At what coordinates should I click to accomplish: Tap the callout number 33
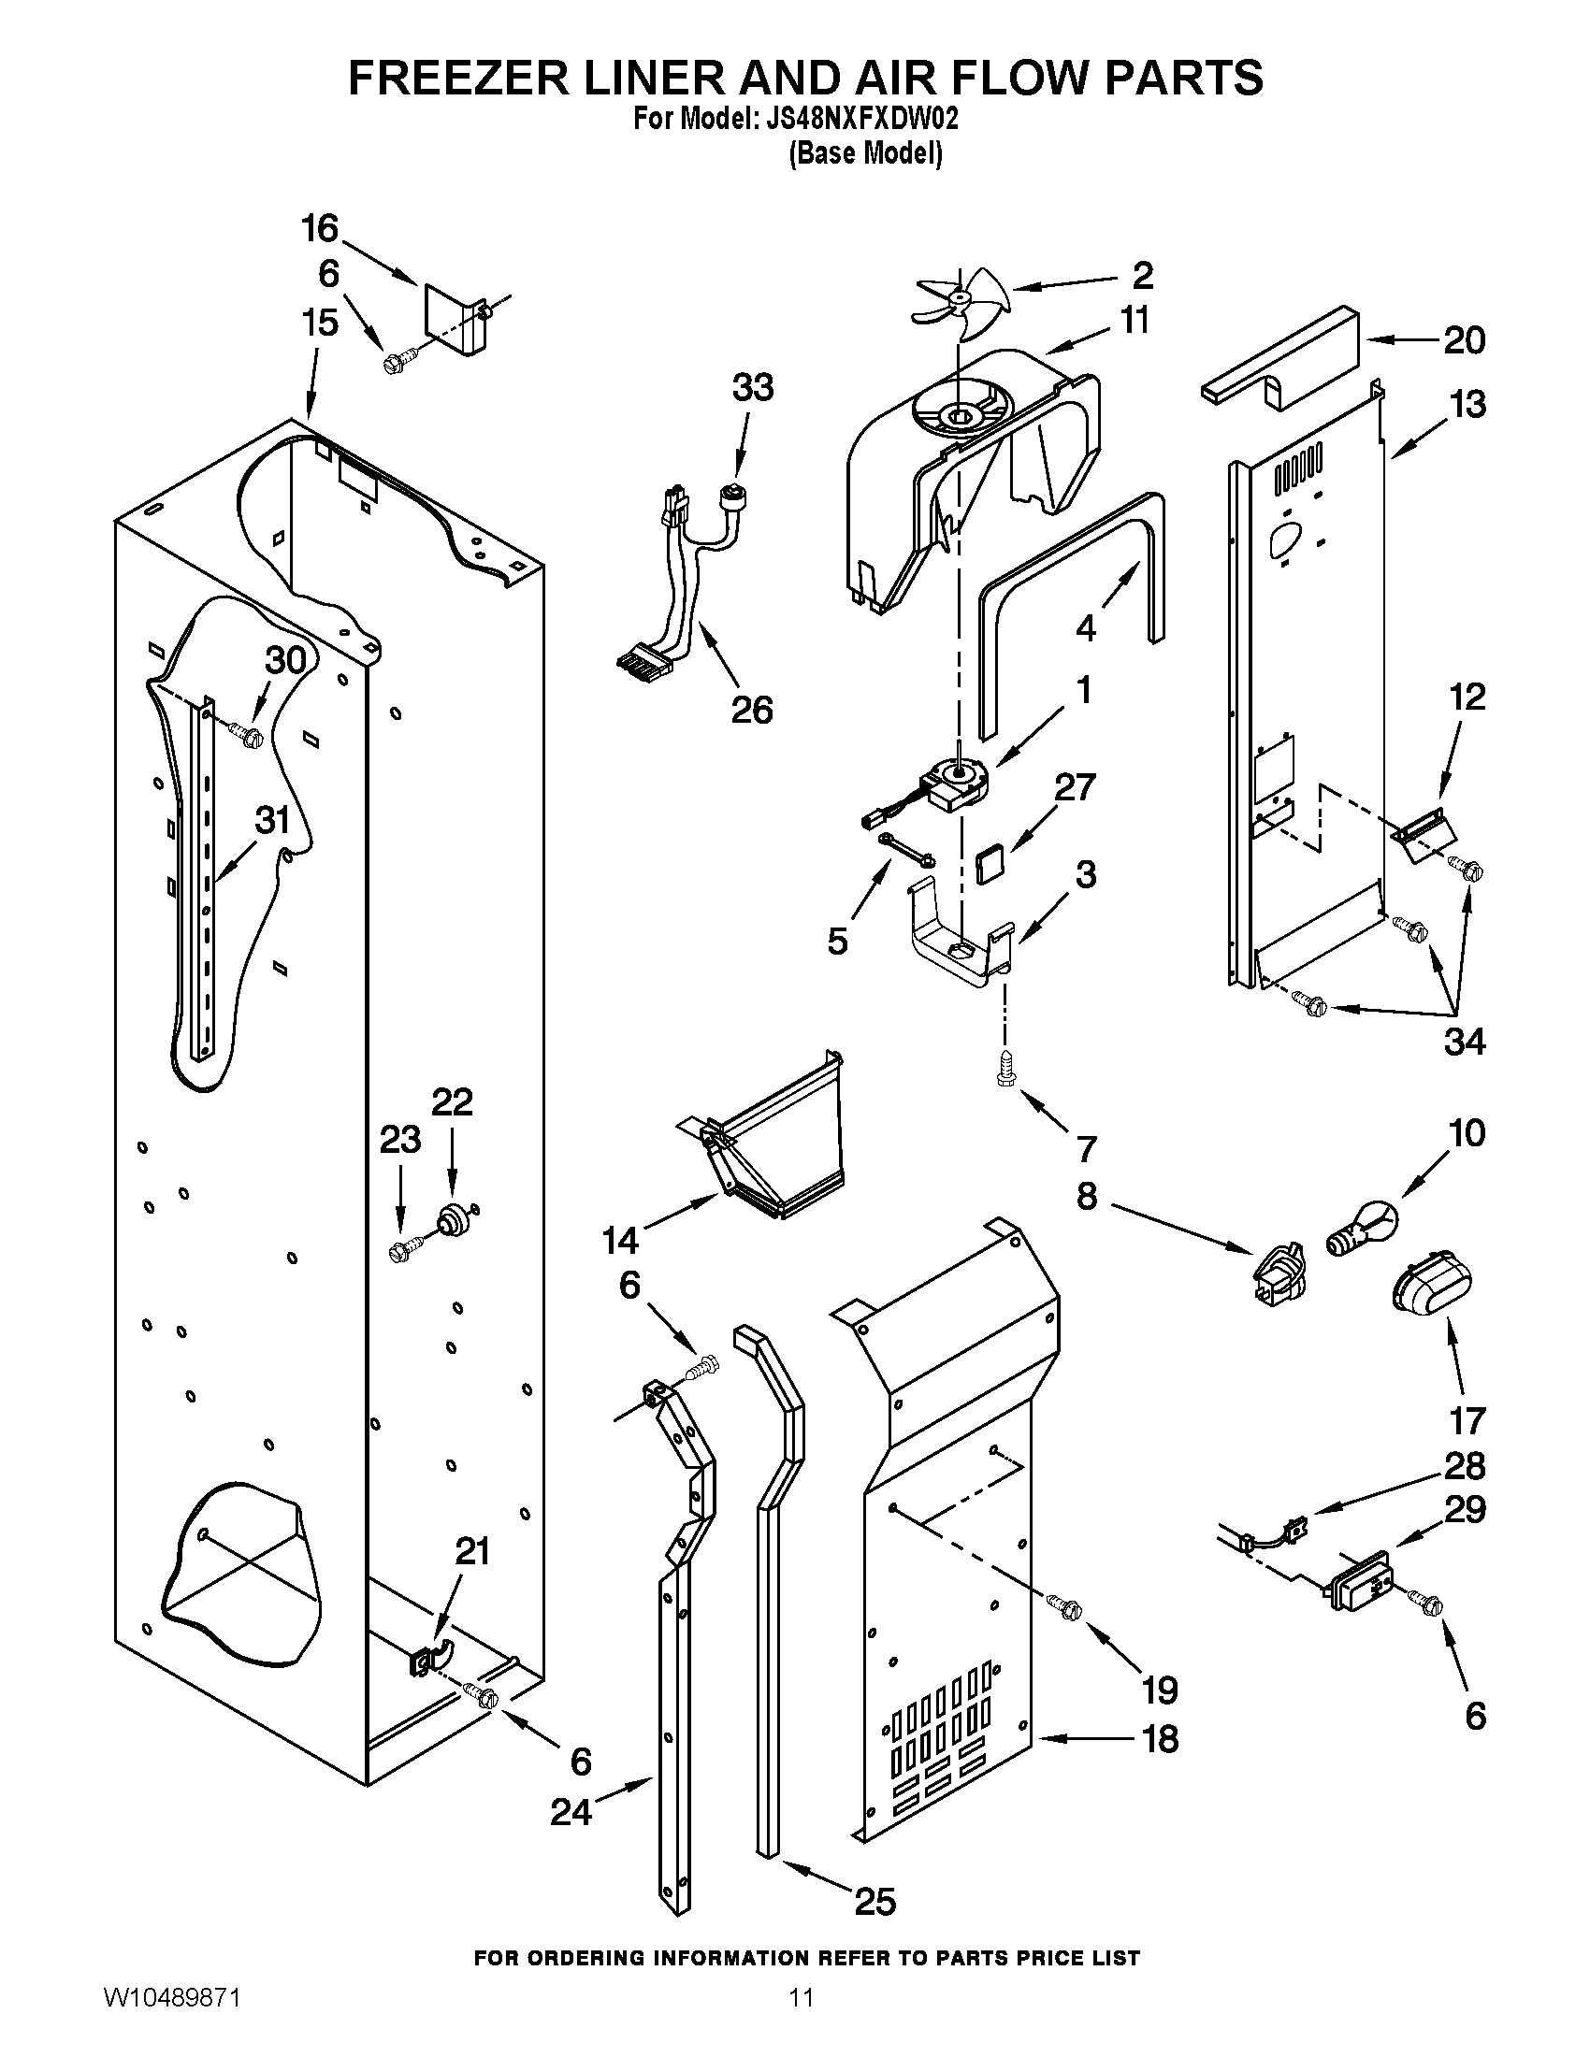(x=753, y=387)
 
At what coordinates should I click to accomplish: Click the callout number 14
(x=621, y=1241)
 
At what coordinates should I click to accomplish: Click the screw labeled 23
(x=403, y=1251)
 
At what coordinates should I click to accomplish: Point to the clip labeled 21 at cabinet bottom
(x=429, y=1661)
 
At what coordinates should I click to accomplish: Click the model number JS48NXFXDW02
(x=856, y=121)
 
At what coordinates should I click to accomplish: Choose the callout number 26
(x=752, y=711)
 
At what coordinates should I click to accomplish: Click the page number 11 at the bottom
(x=801, y=2018)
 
